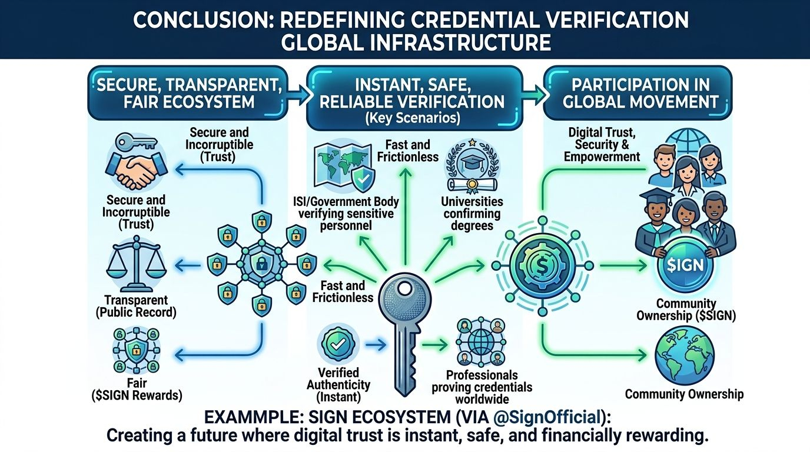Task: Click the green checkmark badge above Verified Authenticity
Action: (x=337, y=343)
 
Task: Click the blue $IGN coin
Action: (x=685, y=265)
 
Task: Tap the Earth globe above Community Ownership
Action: (x=684, y=357)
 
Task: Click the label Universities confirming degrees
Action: (x=472, y=214)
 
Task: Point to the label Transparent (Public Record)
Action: (x=136, y=306)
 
